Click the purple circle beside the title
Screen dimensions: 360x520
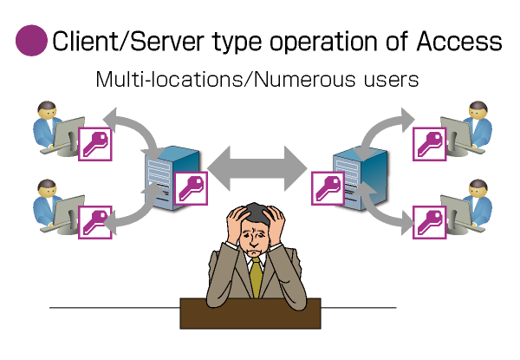pyautogui.click(x=31, y=41)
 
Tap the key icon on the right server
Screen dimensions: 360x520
pyautogui.click(x=328, y=187)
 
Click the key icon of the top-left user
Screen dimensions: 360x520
pyautogui.click(x=95, y=143)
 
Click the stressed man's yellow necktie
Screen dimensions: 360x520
pyautogui.click(x=256, y=278)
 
